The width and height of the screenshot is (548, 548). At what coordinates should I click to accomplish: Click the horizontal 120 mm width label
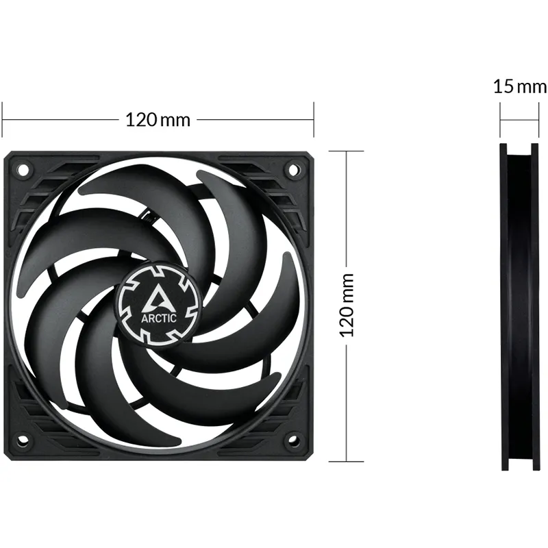point(158,119)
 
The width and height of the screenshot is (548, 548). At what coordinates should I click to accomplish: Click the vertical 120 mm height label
point(347,304)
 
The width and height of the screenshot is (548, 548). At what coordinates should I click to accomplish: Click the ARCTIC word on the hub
point(160,317)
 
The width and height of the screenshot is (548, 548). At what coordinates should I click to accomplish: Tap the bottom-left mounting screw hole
point(22,440)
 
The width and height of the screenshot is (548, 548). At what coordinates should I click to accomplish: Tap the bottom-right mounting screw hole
point(294,440)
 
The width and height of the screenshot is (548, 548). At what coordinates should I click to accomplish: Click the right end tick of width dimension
point(313,119)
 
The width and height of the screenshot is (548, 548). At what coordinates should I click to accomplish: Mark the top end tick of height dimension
point(347,151)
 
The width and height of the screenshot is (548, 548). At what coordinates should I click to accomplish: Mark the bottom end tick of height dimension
point(347,460)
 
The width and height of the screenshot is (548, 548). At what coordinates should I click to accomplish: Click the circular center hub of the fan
point(159,303)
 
